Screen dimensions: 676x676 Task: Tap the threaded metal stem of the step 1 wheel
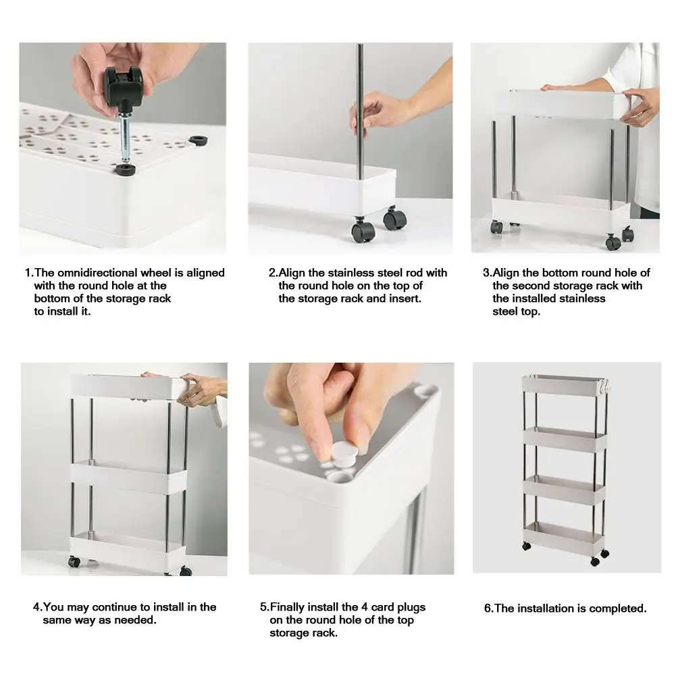tap(124, 134)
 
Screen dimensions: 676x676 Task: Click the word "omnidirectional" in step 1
tap(97, 273)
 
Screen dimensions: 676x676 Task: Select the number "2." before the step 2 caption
tap(274, 273)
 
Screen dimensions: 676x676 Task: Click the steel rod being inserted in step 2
tap(360, 111)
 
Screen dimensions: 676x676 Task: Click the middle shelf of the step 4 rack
tap(128, 477)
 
